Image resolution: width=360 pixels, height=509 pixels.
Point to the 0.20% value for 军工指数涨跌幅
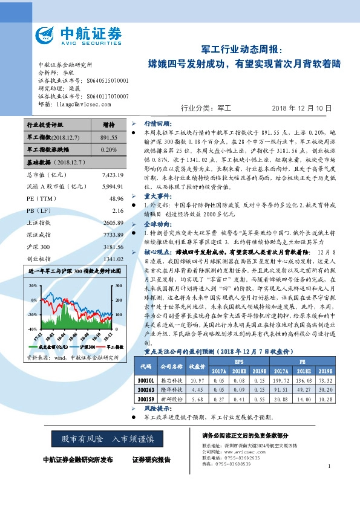tap(109, 149)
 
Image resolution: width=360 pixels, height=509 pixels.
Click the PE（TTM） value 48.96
tap(116, 198)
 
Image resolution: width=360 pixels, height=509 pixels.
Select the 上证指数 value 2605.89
tap(113, 222)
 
